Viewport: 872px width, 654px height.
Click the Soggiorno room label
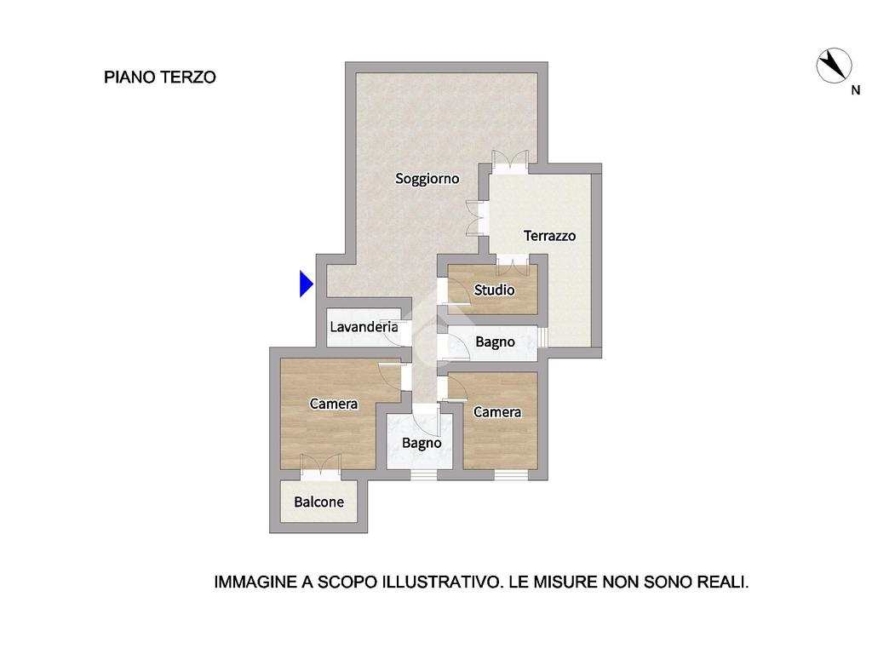click(427, 179)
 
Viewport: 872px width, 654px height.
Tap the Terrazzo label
click(549, 236)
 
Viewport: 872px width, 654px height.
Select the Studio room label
click(494, 290)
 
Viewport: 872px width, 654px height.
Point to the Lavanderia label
click(364, 326)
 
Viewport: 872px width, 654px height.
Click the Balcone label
click(318, 502)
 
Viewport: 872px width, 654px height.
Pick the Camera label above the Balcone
click(334, 404)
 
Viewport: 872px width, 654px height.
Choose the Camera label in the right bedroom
click(497, 412)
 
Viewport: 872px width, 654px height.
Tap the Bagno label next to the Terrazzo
click(495, 342)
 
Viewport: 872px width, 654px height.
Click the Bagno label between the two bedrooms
click(422, 443)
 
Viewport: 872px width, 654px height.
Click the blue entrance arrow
click(307, 284)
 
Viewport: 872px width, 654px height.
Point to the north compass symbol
click(834, 66)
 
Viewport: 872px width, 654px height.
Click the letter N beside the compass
click(856, 90)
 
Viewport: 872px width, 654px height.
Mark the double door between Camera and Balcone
click(320, 468)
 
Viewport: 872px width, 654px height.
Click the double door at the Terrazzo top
click(510, 162)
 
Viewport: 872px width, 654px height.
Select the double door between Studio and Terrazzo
click(512, 265)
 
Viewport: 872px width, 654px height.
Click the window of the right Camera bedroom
click(511, 475)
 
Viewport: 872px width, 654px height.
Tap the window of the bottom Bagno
click(424, 475)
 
